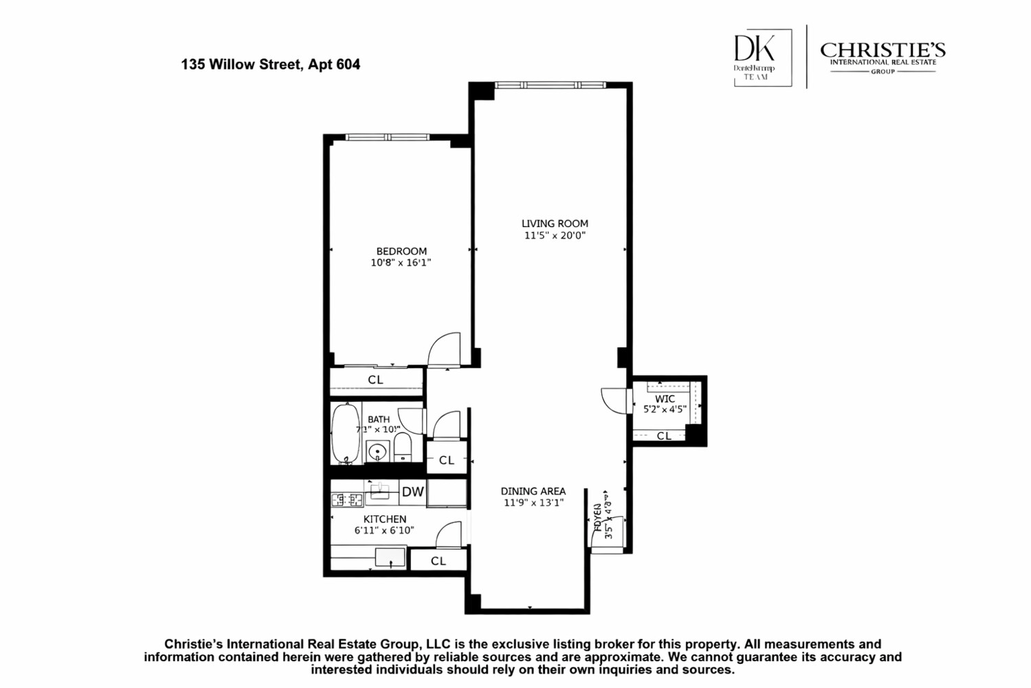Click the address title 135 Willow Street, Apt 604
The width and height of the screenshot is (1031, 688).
pyautogui.click(x=270, y=65)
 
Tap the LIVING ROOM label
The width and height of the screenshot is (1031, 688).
pyautogui.click(x=555, y=224)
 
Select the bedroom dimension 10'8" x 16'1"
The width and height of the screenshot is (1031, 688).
pyautogui.click(x=401, y=263)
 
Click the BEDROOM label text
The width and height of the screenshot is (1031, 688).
pyautogui.click(x=401, y=251)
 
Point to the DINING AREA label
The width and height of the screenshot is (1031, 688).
pyautogui.click(x=533, y=491)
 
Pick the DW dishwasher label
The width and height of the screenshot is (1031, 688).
pyautogui.click(x=412, y=491)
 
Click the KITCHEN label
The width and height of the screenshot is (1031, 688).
pyautogui.click(x=384, y=519)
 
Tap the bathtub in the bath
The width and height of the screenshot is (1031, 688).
pyautogui.click(x=346, y=433)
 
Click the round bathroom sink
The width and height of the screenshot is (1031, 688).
pyautogui.click(x=377, y=452)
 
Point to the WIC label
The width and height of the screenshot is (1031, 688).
pyautogui.click(x=665, y=399)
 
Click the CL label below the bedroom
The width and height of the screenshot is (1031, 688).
pyautogui.click(x=375, y=380)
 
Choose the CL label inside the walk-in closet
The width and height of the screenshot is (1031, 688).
pyautogui.click(x=664, y=436)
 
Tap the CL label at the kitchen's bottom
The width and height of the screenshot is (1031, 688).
pyautogui.click(x=439, y=561)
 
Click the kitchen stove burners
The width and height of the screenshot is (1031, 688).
pyautogui.click(x=347, y=500)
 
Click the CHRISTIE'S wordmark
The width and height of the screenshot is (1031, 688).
pyautogui.click(x=883, y=50)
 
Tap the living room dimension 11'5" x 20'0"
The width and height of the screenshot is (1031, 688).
pyautogui.click(x=555, y=235)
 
